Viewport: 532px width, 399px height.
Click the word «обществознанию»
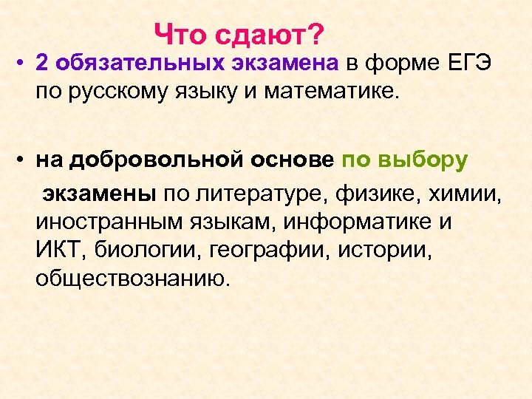(132, 280)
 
